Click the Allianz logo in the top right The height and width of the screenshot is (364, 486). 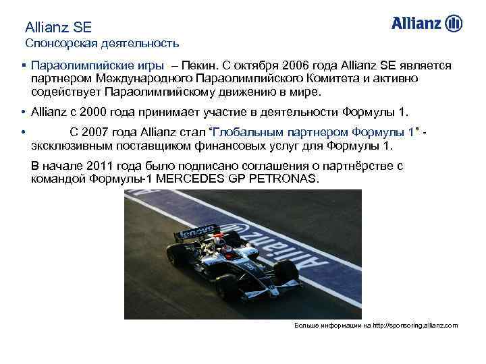pyautogui.click(x=427, y=24)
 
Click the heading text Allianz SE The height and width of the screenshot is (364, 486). pyautogui.click(x=58, y=28)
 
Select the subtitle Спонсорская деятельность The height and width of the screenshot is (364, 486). pyautogui.click(x=102, y=44)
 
